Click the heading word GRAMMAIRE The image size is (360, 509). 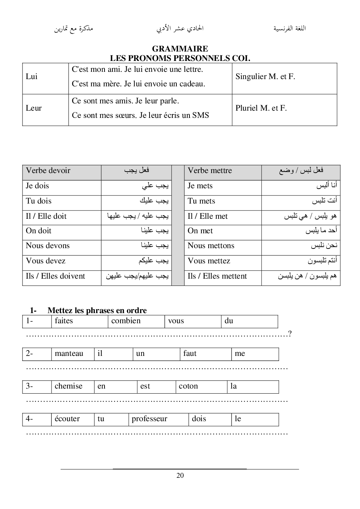tap(180, 49)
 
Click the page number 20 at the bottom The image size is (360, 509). tap(180, 476)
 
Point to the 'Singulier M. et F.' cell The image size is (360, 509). tap(265, 77)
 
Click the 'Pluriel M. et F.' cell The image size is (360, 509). tap(261, 108)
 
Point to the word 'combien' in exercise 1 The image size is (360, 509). tap(126, 321)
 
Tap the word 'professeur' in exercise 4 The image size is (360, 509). tap(150, 419)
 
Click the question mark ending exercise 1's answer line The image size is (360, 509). tap(290, 334)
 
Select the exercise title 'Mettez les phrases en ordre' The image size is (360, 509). tap(97, 311)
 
